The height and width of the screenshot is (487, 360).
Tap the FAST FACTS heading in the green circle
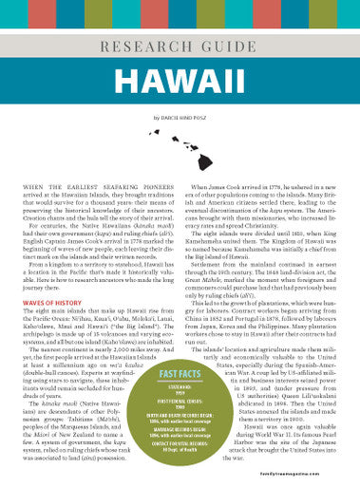point(180,373)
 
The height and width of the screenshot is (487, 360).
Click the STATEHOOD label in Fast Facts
point(180,386)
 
